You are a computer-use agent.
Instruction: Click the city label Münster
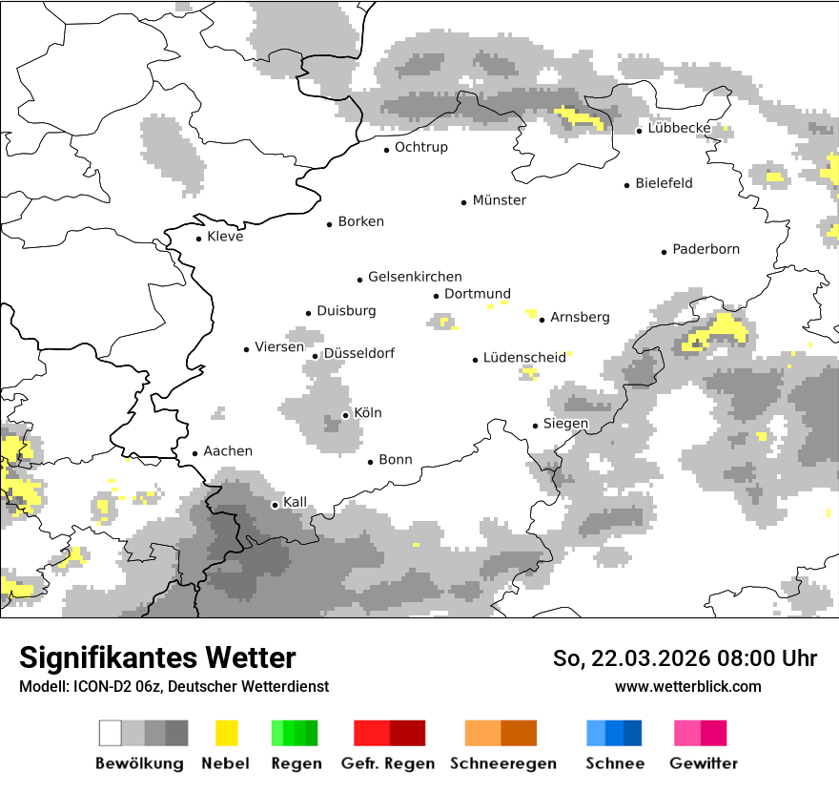(499, 200)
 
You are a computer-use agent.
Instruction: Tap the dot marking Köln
(345, 415)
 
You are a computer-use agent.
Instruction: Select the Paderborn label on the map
(706, 250)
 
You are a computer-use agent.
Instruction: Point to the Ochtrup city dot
(386, 150)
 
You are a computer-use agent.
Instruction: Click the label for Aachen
(228, 451)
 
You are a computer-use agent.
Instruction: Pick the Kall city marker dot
(275, 505)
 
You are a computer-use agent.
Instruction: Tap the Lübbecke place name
(679, 128)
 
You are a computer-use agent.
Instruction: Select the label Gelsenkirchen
(415, 278)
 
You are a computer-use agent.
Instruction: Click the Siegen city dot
(535, 426)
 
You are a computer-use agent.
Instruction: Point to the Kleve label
(225, 237)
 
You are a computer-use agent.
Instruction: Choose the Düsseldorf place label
(358, 354)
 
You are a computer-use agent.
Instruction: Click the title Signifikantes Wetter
(157, 658)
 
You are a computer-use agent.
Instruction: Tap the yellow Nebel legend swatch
(226, 733)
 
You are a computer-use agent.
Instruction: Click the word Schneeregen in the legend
(503, 763)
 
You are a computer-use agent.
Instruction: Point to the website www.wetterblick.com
(687, 686)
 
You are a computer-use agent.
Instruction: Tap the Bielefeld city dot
(626, 185)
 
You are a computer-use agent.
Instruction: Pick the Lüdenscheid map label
(523, 358)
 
